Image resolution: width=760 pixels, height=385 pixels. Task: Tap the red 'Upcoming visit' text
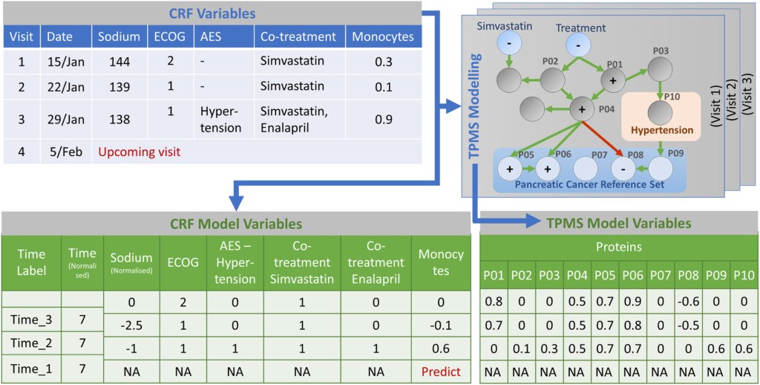pyautogui.click(x=139, y=151)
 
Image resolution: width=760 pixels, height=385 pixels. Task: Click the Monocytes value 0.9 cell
pyautogui.click(x=383, y=118)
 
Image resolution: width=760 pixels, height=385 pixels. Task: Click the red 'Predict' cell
pyautogui.click(x=441, y=371)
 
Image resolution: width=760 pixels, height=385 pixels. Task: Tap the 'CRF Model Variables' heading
pyautogui.click(x=232, y=222)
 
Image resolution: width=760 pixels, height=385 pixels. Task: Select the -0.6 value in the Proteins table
pyautogui.click(x=687, y=302)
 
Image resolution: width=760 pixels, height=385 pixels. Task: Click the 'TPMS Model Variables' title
pyautogui.click(x=618, y=222)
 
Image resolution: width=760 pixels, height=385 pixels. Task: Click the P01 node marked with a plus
pyautogui.click(x=613, y=80)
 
